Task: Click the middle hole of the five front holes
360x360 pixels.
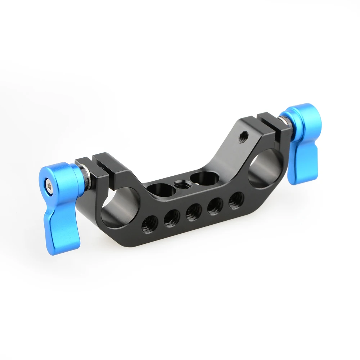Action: [x=194, y=212]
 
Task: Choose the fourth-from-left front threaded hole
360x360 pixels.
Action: [x=215, y=206]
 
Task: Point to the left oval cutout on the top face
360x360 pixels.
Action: [x=161, y=189]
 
